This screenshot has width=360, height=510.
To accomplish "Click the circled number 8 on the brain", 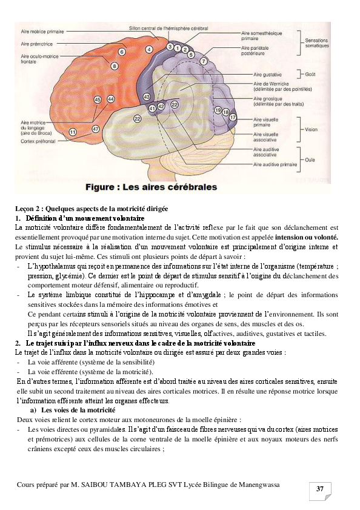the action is pyautogui.click(x=115, y=65).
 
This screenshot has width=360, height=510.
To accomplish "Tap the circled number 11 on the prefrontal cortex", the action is pyautogui.click(x=72, y=132).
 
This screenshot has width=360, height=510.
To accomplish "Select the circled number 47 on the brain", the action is pyautogui.click(x=95, y=129).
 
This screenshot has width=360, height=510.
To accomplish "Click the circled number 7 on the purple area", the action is pyautogui.click(x=204, y=62).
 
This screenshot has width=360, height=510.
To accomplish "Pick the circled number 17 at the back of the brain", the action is pyautogui.click(x=233, y=116).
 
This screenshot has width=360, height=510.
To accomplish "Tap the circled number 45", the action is pyautogui.click(x=98, y=99).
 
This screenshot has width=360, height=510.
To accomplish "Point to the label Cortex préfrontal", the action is pyautogui.click(x=37, y=142).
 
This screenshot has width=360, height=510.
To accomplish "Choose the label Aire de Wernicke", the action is pyautogui.click(x=270, y=83).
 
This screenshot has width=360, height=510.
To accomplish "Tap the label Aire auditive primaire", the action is pyautogui.click(x=275, y=164).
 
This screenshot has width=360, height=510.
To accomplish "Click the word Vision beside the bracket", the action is pyautogui.click(x=311, y=129).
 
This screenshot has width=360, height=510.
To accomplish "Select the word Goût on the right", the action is pyautogui.click(x=310, y=75).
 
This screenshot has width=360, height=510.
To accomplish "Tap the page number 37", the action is pyautogui.click(x=319, y=488).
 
